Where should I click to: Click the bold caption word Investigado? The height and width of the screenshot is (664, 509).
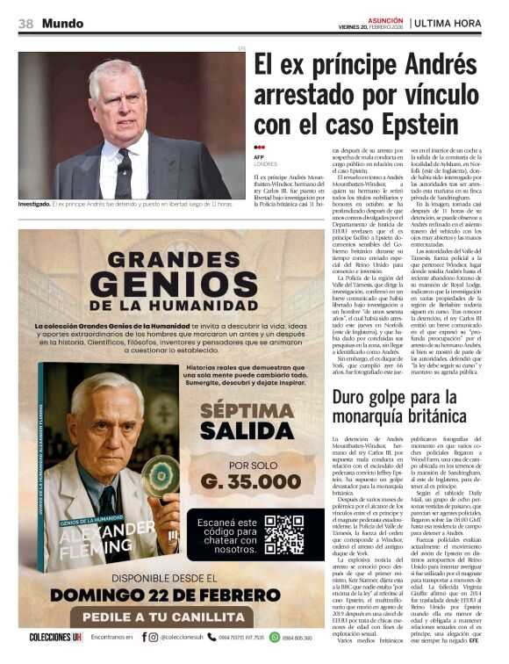click(x=32, y=205)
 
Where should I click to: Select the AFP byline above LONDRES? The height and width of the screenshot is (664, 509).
click(x=258, y=157)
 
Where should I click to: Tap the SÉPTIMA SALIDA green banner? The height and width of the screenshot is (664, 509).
click(x=240, y=421)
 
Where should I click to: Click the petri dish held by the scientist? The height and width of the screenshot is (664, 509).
click(x=158, y=474)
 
